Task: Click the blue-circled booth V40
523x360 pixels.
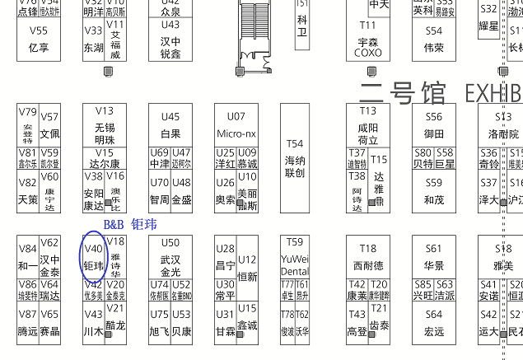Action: [x=93, y=256]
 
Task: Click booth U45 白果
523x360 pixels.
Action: [x=170, y=125]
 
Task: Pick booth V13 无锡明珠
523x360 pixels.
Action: [x=105, y=125]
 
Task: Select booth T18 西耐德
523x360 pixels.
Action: [x=367, y=257]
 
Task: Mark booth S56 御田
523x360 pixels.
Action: [x=434, y=125]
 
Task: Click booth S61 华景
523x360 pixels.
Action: [x=434, y=257]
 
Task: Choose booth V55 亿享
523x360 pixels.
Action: [x=39, y=39]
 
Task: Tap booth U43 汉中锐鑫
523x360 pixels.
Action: [x=170, y=39]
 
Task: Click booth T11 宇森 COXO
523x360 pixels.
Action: [x=367, y=40]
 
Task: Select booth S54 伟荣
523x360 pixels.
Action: [x=434, y=39]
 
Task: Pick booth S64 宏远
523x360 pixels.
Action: [x=434, y=323]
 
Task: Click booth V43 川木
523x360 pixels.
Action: [x=93, y=323]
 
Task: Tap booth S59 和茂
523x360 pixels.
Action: [x=434, y=191]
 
